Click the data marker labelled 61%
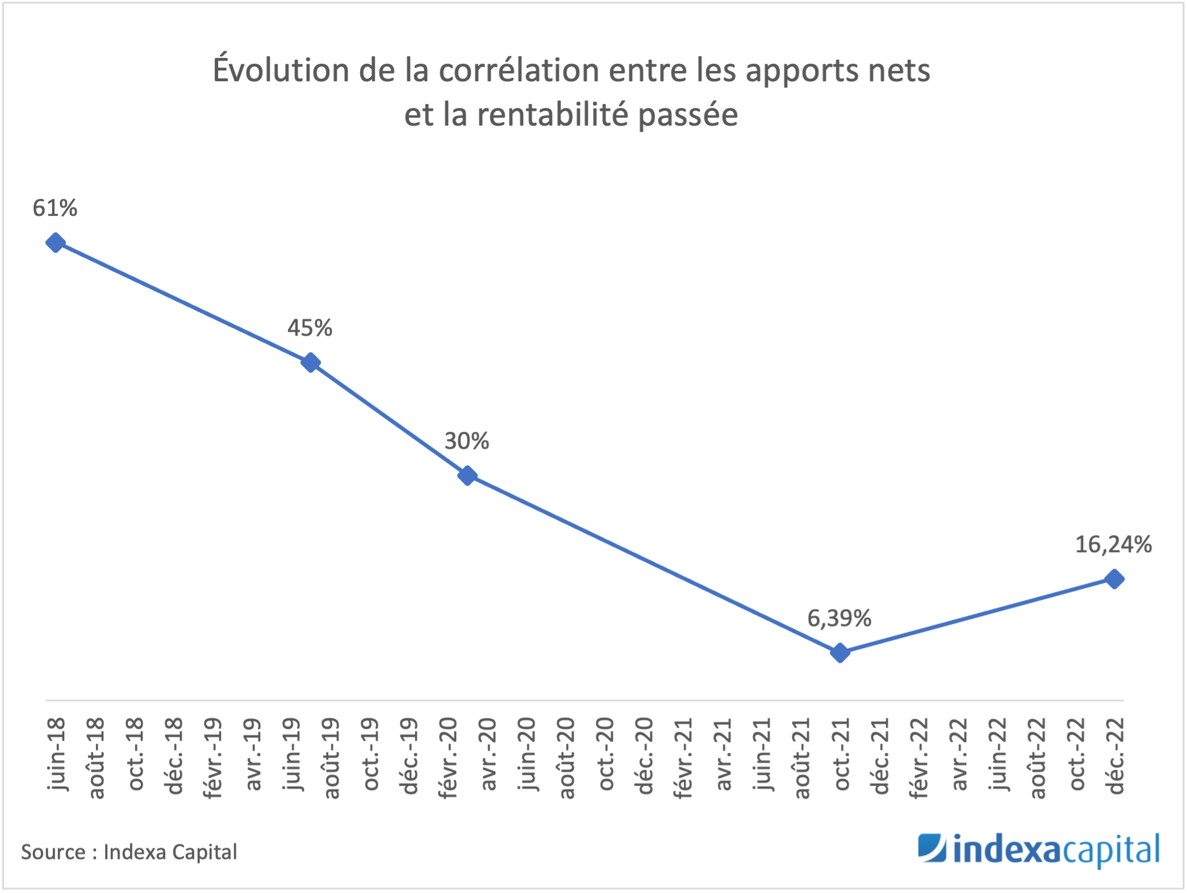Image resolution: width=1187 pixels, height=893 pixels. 55,243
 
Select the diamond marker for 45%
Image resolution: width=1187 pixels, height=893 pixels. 310,362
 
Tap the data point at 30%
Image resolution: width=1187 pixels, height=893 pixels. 467,475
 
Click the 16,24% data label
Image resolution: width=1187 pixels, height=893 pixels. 1113,544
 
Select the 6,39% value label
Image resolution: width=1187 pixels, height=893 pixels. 839,618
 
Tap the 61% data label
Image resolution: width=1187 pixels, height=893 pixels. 55,208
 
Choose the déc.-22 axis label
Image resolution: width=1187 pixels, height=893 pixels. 1115,756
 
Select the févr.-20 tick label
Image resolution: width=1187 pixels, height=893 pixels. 449,758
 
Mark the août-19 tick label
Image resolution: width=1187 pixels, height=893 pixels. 331,758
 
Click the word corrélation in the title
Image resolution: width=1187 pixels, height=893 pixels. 519,70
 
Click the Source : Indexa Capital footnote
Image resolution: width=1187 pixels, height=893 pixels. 129,852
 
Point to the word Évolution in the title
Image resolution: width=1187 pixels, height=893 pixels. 281,70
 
